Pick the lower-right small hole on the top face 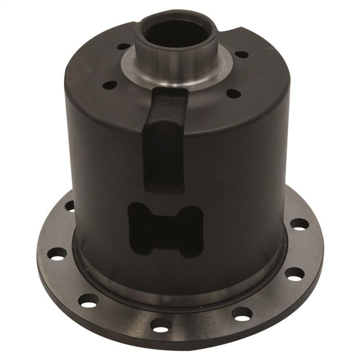coord(234,92)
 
